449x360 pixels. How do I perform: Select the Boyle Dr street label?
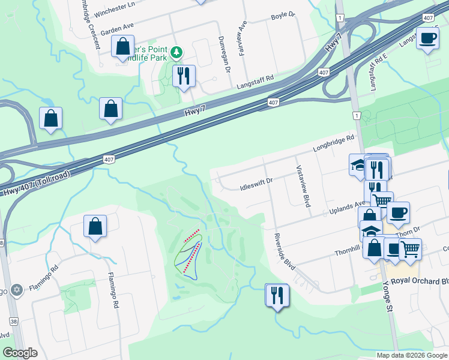283,15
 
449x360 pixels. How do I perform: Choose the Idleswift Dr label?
256,180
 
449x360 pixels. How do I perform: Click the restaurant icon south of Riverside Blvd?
277,295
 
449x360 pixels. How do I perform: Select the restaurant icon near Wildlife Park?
184,76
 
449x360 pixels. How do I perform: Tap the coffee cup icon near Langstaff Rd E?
427,39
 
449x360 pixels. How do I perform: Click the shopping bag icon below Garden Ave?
122,47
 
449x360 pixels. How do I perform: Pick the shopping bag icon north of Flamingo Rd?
95,226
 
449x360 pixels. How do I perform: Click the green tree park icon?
176,52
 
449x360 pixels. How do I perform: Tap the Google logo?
20,353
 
